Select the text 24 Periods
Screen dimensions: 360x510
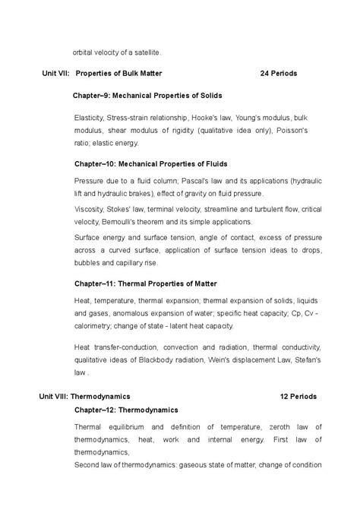(x=278, y=74)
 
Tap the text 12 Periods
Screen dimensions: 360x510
(x=298, y=396)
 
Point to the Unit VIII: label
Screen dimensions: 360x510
(x=55, y=396)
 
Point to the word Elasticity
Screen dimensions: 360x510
(x=91, y=119)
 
